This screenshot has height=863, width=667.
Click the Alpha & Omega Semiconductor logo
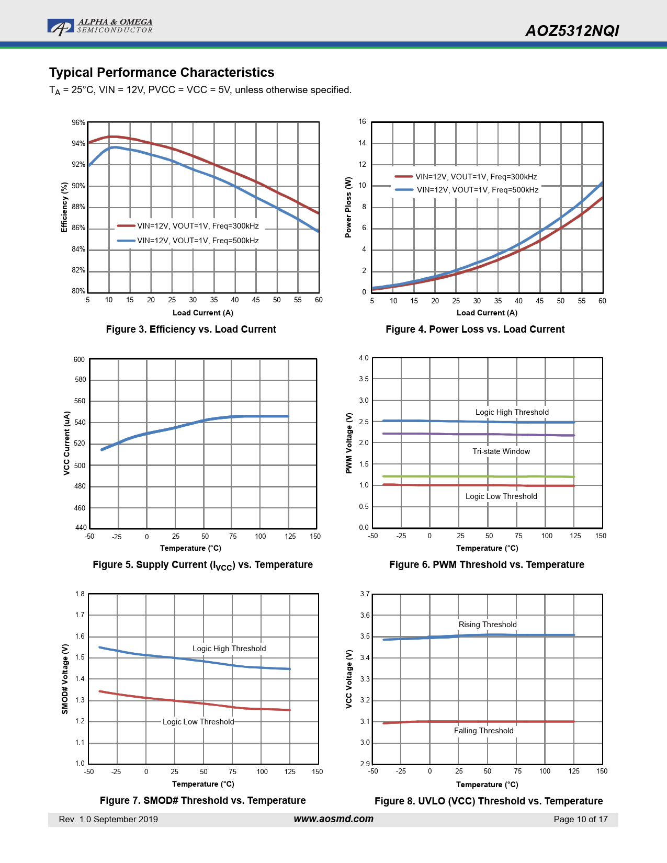coord(100,27)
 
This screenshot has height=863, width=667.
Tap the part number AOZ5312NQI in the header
coord(572,31)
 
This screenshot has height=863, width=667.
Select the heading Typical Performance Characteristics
coord(162,73)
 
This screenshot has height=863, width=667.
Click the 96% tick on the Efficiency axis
coord(78,122)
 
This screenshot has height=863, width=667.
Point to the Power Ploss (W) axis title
coord(348,207)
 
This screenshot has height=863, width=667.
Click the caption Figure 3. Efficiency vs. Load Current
coord(191,330)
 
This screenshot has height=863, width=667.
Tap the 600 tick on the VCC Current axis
coord(79,359)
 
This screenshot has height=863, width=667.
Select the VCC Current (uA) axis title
coord(66,443)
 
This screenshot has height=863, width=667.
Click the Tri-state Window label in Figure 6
coord(501,451)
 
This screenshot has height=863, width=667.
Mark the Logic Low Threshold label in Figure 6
coord(501,496)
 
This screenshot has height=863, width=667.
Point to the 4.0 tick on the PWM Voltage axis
coord(364,358)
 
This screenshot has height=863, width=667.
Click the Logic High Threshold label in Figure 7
coord(229,649)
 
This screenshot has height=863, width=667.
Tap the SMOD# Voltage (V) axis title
coord(65,679)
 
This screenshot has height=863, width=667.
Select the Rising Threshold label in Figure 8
coord(488,624)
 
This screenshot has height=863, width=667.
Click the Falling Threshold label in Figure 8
coord(484,731)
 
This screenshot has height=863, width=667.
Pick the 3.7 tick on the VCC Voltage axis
coord(365,594)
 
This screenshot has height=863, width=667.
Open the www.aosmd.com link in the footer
coord(333,819)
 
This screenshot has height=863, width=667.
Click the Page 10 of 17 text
coord(581,820)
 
